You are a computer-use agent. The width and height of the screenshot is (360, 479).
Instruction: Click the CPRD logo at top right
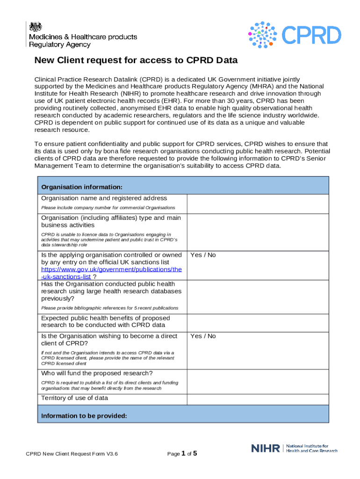coord(294,35)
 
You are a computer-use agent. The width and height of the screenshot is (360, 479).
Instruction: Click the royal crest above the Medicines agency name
coord(35,27)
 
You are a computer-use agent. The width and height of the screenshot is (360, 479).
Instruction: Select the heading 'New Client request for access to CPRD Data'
coord(136,60)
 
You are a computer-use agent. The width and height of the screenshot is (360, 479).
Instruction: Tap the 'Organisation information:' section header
coord(82,187)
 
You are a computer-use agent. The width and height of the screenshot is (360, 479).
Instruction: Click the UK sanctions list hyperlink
coord(111,273)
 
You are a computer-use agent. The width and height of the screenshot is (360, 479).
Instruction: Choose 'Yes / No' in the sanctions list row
coord(203,255)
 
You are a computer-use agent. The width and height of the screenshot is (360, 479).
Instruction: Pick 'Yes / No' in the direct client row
coord(203,336)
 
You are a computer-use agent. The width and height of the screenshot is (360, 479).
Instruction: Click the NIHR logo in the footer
coord(294,448)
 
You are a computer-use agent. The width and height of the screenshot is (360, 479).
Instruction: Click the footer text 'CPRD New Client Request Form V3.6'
coord(72,454)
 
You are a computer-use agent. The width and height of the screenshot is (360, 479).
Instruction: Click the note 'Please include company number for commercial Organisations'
coord(108,207)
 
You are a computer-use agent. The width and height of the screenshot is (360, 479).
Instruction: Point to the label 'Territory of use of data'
coord(74,398)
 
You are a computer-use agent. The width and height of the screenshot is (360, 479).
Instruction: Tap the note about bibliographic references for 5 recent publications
coord(109,308)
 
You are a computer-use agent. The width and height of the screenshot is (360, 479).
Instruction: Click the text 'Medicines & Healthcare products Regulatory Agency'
coord(83,41)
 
